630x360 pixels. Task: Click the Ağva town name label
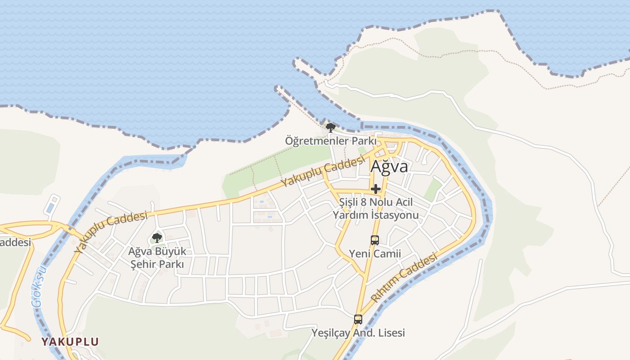pyautogui.click(x=389, y=166)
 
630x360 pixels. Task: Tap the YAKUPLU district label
pyautogui.click(x=70, y=342)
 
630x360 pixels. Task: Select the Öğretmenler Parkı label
pyautogui.click(x=330, y=141)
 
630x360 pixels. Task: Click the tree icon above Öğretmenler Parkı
pyautogui.click(x=330, y=127)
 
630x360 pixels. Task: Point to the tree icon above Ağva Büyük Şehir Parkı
pyautogui.click(x=157, y=238)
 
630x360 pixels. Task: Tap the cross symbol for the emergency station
pyautogui.click(x=376, y=189)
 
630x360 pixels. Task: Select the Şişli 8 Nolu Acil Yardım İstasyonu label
pyautogui.click(x=375, y=209)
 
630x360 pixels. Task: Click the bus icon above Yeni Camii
pyautogui.click(x=374, y=240)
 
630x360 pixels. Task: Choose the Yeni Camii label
pyautogui.click(x=375, y=254)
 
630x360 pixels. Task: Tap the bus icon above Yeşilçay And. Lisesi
pyautogui.click(x=358, y=319)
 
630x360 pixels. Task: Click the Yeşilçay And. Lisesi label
pyautogui.click(x=358, y=333)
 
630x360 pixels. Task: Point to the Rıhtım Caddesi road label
pyautogui.click(x=404, y=278)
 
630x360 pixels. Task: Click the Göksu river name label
pyautogui.click(x=40, y=286)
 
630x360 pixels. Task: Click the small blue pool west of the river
pyautogui.click(x=51, y=207)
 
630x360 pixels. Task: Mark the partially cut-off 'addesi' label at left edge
pyautogui.click(x=15, y=243)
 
